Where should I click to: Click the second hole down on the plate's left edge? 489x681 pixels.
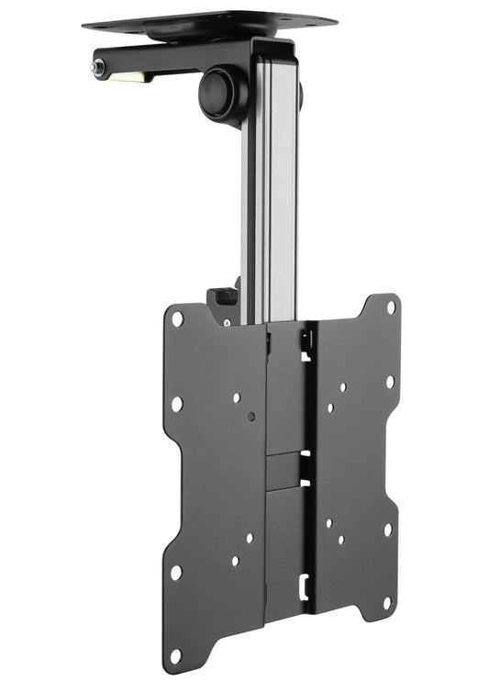[176, 404]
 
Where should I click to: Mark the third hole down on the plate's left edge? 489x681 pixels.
[175, 572]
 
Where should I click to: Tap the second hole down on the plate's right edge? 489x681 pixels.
[390, 381]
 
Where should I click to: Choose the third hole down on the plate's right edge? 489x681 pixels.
[388, 530]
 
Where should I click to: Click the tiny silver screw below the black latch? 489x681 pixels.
[227, 322]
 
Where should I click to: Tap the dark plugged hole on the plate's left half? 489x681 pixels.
[251, 416]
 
